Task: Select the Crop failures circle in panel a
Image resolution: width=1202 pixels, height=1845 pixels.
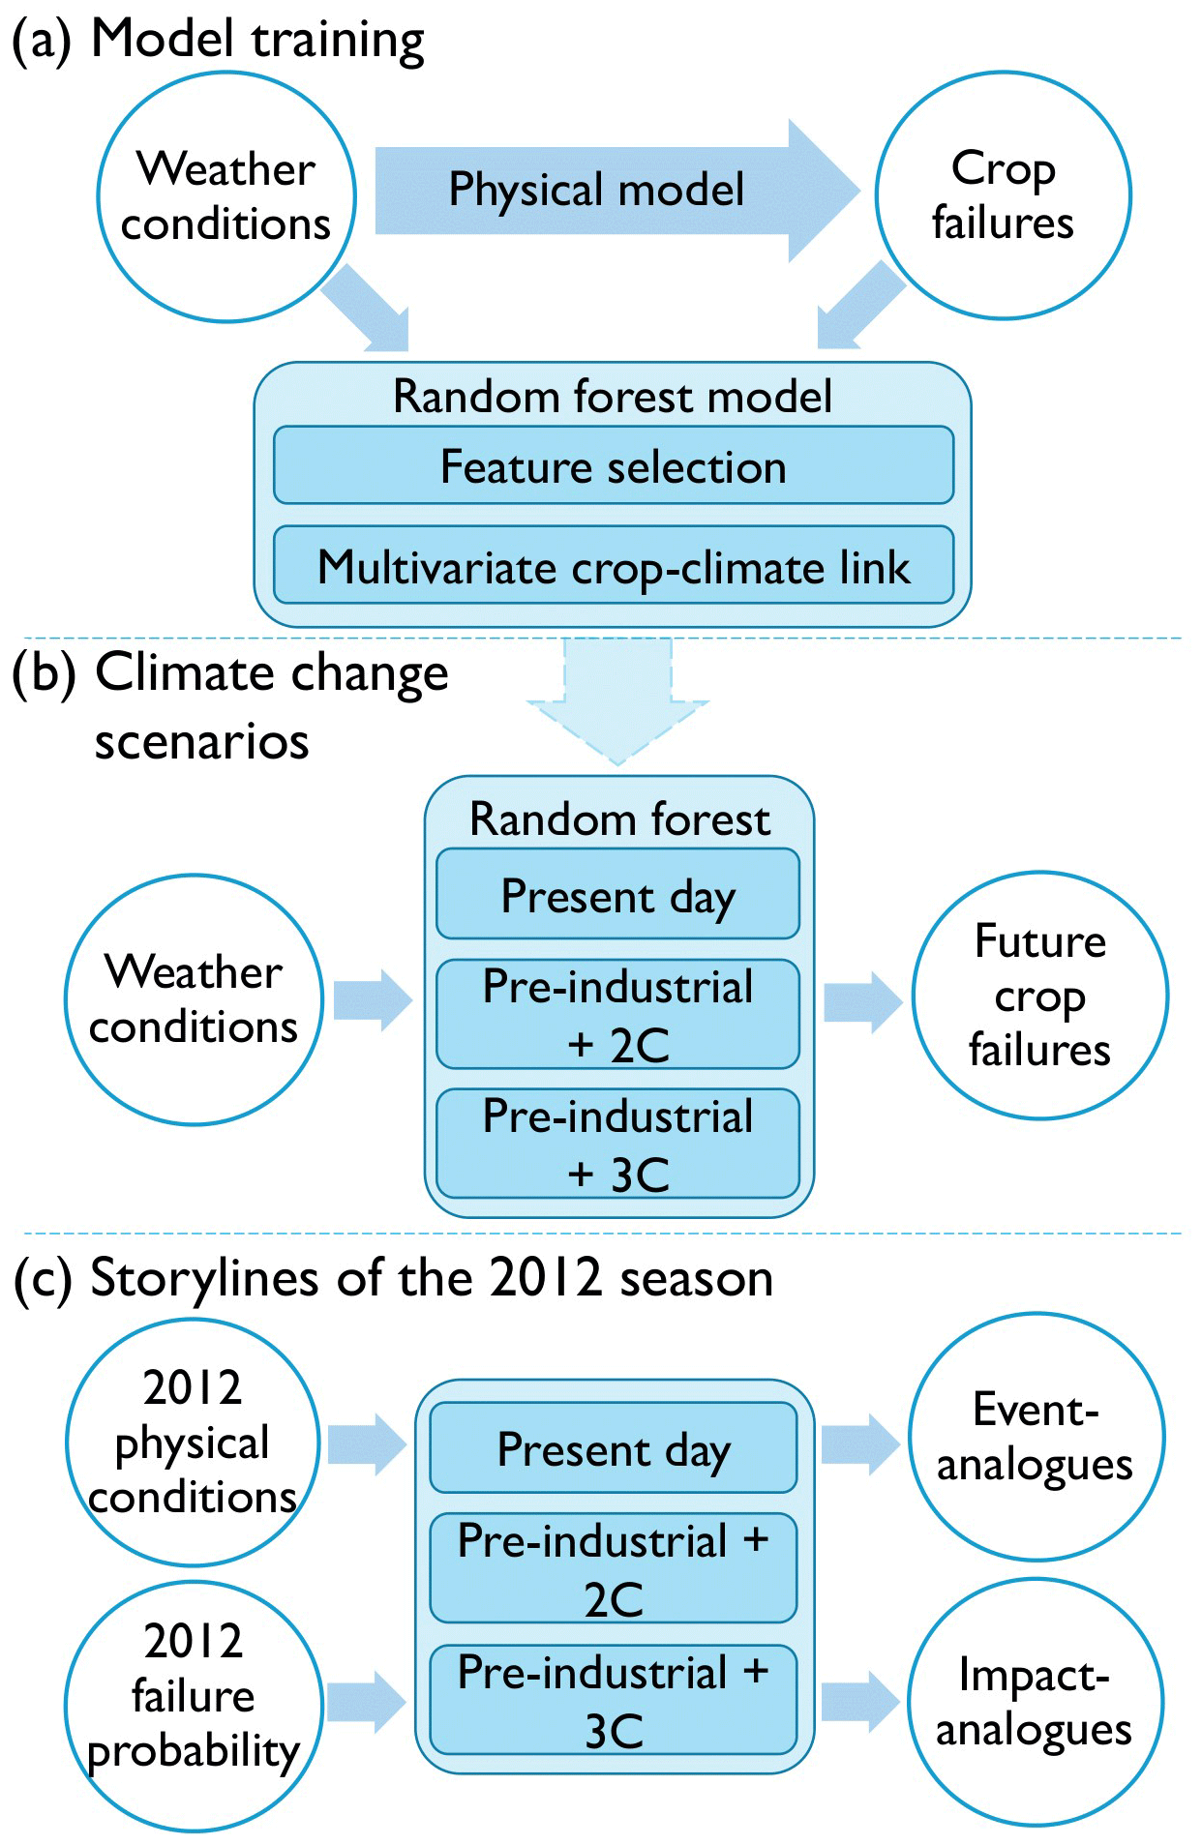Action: pos(1003,195)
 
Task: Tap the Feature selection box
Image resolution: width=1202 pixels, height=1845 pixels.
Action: pos(614,465)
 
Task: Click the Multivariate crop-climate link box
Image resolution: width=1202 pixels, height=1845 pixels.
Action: pos(614,566)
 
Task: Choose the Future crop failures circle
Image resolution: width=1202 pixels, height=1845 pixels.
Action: pos(1039,996)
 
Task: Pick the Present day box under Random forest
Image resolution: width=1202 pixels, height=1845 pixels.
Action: pos(617,895)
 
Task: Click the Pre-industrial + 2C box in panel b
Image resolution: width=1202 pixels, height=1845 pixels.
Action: pos(617,1014)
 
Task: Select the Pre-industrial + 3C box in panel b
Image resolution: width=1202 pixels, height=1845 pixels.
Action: pos(617,1144)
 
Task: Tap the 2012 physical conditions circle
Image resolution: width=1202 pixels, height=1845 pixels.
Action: pos(193,1442)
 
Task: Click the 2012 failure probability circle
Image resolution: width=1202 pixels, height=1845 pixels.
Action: pos(193,1705)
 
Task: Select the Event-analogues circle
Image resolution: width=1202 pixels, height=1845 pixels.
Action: pos(1036,1437)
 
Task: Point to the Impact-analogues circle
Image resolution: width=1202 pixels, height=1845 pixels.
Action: pos(1035,1702)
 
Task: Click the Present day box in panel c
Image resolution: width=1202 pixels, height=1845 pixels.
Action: pos(614,1448)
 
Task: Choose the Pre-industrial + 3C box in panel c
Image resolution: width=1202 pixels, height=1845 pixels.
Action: pos(614,1700)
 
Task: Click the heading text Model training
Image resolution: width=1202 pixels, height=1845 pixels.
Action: pos(257,41)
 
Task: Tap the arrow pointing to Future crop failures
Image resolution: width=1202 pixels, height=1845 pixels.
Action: pos(862,1001)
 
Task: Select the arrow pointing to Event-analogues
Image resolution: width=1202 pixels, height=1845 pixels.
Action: pos(859,1444)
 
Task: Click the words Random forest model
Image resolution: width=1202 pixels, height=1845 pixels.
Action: pos(612,397)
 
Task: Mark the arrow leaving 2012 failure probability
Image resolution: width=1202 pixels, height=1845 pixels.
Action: pos(366,1701)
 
